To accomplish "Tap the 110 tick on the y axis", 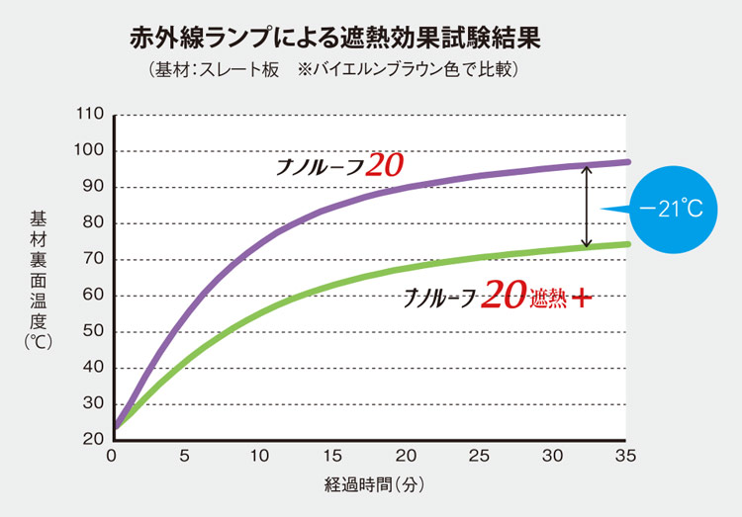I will [x=90, y=115].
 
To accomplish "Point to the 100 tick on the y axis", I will [x=90, y=151].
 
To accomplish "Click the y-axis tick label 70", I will [x=93, y=259].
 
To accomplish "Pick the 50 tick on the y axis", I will [x=93, y=331].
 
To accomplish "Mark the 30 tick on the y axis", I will [x=93, y=403].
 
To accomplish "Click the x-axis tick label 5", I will [x=186, y=457].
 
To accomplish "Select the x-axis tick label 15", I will [x=333, y=457].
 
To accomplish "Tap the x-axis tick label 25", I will [x=479, y=457].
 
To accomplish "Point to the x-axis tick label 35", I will [x=626, y=457].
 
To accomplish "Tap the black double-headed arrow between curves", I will [x=586, y=206].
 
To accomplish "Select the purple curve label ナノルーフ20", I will [x=338, y=165].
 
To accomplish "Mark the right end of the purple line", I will [x=627, y=161].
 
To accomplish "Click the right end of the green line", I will [x=627, y=244].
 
